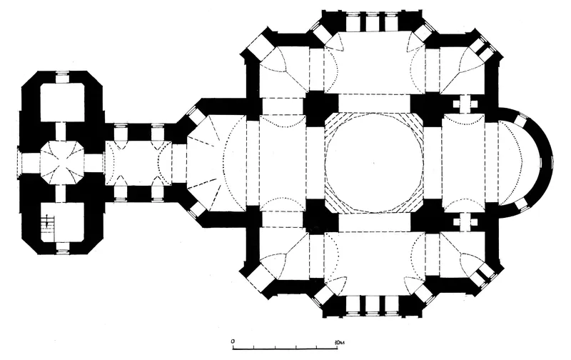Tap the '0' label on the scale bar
coord(233,341)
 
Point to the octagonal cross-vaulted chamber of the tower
coord(61,163)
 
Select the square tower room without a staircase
coord(62,102)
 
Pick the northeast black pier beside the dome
coord(426,109)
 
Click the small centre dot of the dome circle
coord(374,161)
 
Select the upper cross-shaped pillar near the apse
coord(465,104)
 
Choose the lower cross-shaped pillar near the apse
coord(465,221)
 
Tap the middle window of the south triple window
coord(372,304)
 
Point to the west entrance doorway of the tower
coord(19,163)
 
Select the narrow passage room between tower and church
coord(138,163)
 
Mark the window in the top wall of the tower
coord(61,78)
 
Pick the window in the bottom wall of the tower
coord(61,247)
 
